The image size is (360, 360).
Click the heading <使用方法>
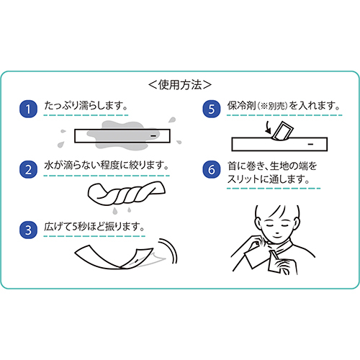[180, 85]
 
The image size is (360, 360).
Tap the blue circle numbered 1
[28, 109]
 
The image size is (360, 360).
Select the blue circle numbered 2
[28, 169]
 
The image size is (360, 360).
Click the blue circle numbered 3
[28, 230]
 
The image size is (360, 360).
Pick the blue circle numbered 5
[212, 109]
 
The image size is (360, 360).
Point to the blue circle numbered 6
[212, 169]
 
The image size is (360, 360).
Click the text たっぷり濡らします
[84, 106]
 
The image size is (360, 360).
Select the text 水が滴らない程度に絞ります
[104, 166]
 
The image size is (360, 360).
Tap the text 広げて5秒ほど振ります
[92, 227]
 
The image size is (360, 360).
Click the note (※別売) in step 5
[272, 106]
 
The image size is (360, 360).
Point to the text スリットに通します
[266, 179]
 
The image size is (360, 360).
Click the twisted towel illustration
[127, 193]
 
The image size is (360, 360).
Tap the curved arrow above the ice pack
[268, 127]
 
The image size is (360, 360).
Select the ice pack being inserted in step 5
[283, 131]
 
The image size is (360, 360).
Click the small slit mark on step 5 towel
[310, 145]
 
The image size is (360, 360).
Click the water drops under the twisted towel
[122, 210]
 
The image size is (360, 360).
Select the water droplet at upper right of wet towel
[172, 120]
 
